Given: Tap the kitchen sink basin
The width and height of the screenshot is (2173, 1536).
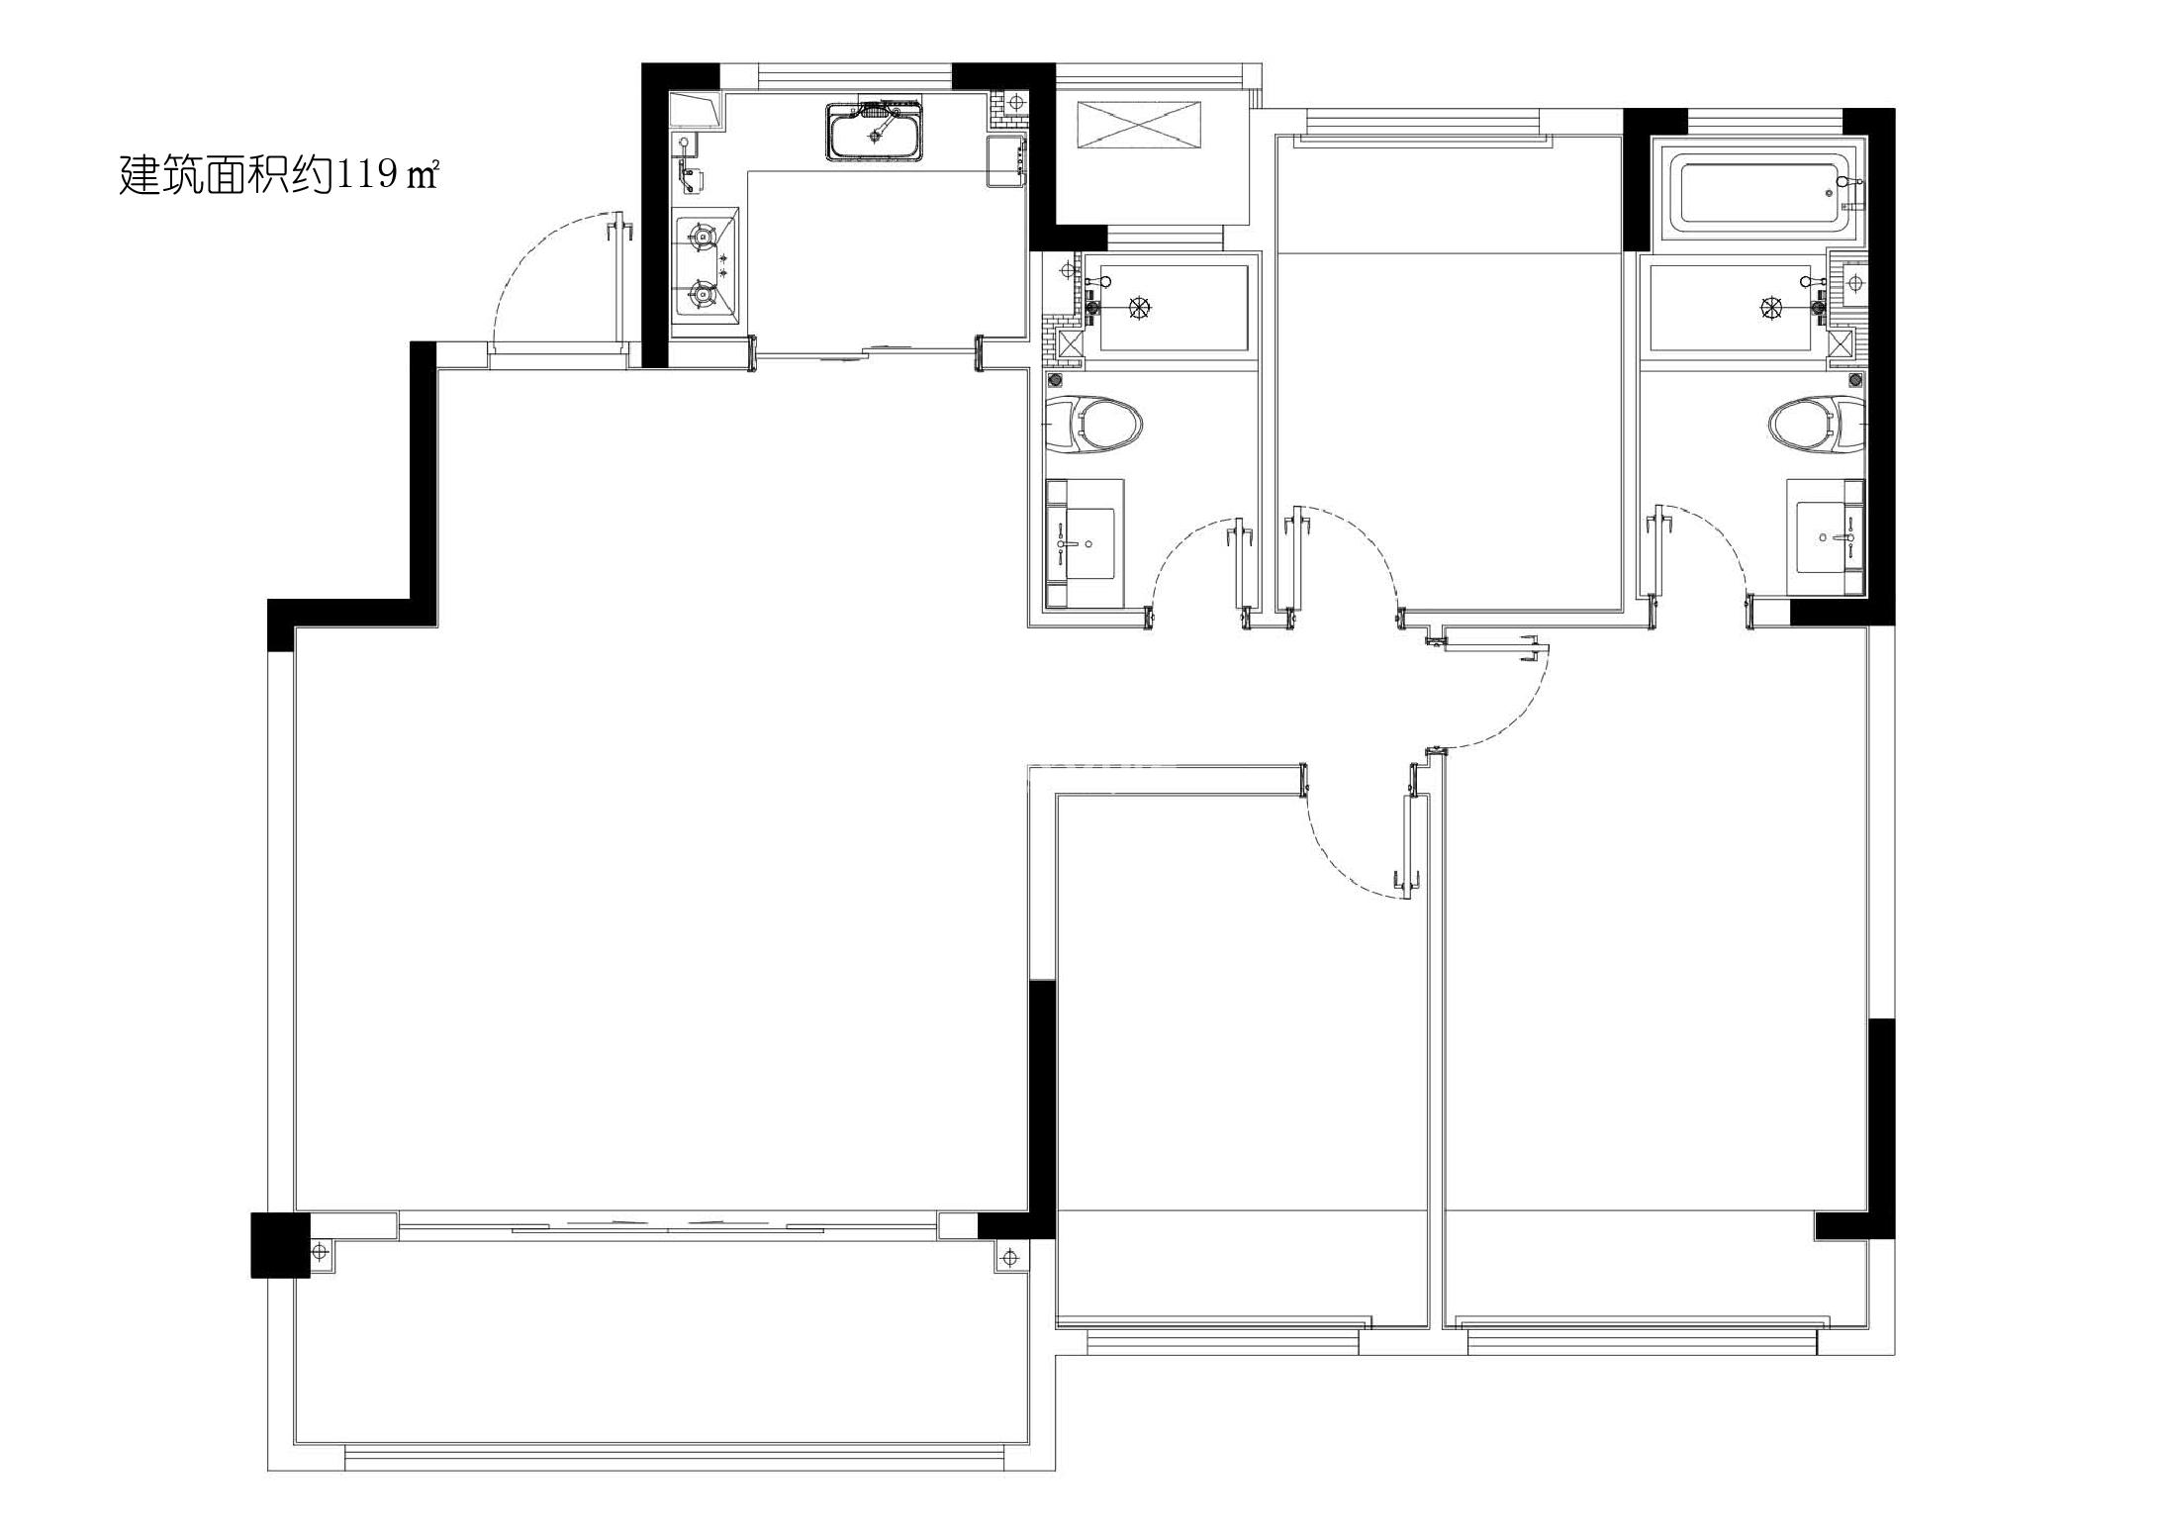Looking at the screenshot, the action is pos(875,130).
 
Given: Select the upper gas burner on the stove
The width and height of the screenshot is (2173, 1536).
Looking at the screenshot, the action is pos(702,237).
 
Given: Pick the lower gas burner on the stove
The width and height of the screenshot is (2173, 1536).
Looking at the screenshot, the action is pos(702,293).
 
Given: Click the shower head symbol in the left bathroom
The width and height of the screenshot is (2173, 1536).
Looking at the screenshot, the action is pos(1140,308).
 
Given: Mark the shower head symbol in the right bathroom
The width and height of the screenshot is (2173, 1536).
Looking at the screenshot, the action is pos(1771,308).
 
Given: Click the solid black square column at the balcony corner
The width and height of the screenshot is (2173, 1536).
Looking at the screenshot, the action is pos(273,1245).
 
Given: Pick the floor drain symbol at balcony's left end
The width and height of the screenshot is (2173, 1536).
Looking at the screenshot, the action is pos(319,1252).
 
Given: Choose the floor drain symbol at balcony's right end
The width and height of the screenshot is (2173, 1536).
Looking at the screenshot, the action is pos(1009,1258).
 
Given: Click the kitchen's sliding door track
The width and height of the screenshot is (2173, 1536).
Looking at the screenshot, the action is pos(866,349).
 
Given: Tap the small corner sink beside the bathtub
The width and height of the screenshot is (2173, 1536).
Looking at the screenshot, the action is pos(1848,283).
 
